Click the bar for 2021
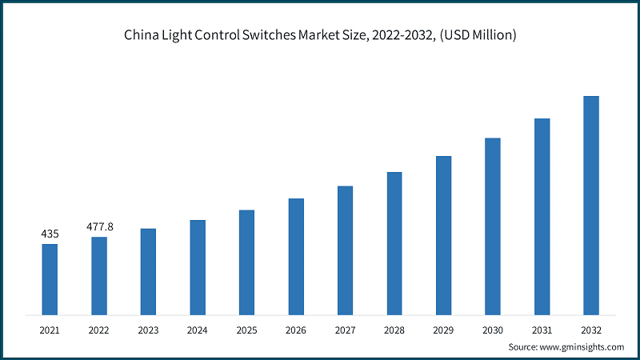(50, 278)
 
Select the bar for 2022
(99, 274)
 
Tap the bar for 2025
(246, 262)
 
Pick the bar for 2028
(394, 242)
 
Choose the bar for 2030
(493, 226)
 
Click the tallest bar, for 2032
(591, 205)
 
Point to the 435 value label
(50, 234)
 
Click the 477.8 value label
(100, 226)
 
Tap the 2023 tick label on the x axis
(148, 329)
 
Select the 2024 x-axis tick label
(198, 329)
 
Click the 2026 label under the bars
(296, 329)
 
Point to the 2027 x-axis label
(345, 329)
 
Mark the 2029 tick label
(443, 329)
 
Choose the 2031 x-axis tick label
(542, 329)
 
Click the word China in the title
(142, 35)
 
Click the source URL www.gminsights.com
(583, 347)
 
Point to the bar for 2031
(542, 216)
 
